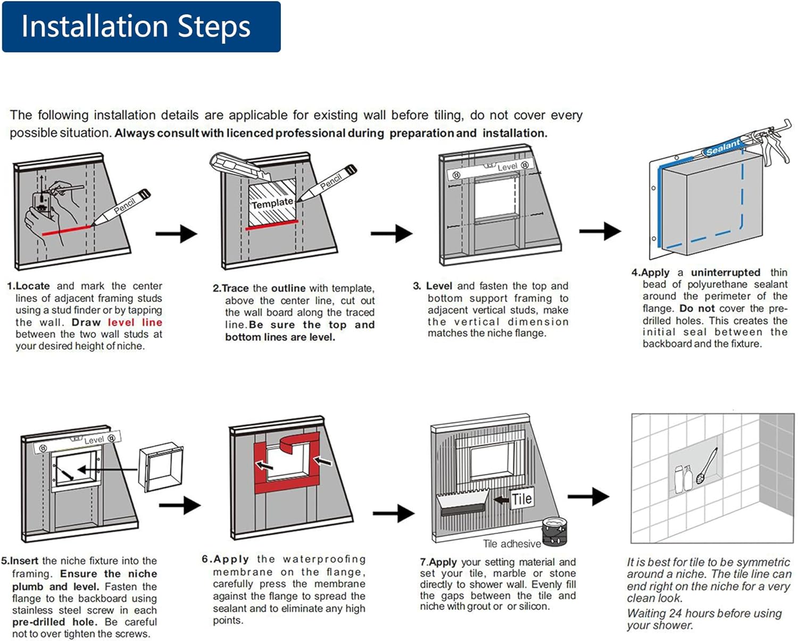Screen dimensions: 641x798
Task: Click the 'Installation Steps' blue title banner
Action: [x=141, y=27]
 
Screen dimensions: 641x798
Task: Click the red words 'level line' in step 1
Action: [x=135, y=322]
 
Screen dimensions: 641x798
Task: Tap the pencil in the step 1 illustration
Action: [x=122, y=208]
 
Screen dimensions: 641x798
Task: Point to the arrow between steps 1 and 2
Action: [x=177, y=233]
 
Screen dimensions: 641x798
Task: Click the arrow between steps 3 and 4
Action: [x=600, y=231]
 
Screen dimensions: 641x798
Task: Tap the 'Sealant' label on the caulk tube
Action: [x=722, y=147]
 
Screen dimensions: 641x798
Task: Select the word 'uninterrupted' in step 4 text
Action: [x=726, y=273]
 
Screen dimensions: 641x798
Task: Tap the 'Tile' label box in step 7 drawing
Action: [x=521, y=499]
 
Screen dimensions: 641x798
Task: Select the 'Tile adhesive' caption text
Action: [x=512, y=544]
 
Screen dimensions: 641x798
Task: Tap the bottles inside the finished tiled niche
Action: [x=683, y=478]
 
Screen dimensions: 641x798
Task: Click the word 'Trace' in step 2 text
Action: [x=236, y=289]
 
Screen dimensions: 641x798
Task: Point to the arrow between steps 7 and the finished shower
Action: [x=588, y=496]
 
